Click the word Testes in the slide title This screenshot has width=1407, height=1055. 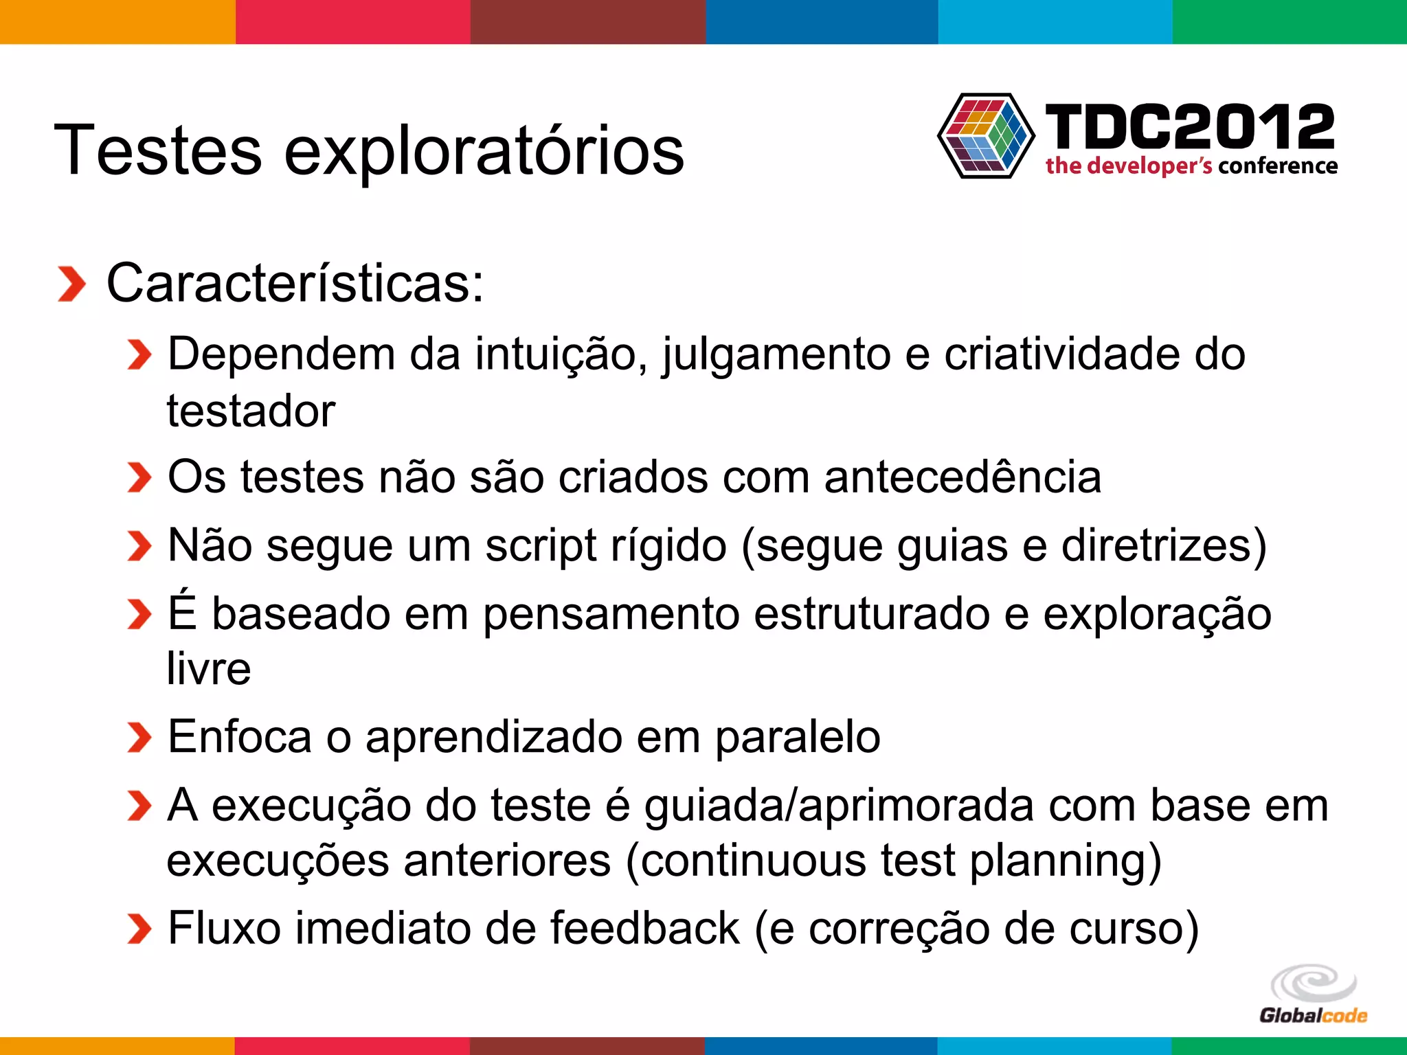157,150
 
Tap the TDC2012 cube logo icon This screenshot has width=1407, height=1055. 986,135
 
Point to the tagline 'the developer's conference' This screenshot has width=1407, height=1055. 1191,166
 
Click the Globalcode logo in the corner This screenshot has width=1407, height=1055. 1313,995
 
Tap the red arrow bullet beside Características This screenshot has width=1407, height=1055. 71,284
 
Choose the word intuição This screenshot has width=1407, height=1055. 561,354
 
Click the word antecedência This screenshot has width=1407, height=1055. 963,477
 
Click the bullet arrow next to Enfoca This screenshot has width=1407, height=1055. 139,738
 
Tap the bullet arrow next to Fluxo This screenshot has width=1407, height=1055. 139,929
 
